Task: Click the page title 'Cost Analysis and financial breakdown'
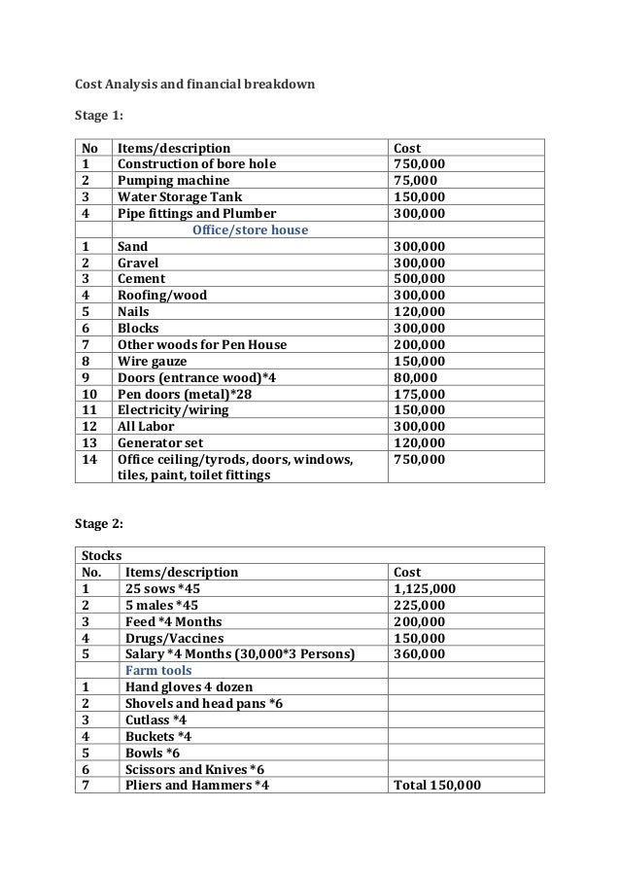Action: tap(194, 83)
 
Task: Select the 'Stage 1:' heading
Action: tap(99, 116)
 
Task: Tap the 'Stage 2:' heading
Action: tap(99, 524)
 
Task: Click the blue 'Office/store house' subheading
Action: tap(250, 230)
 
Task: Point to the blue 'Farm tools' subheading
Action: tap(159, 671)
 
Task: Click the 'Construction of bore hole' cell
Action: tap(196, 163)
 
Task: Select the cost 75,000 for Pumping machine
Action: tap(414, 180)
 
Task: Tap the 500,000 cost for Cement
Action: tap(418, 279)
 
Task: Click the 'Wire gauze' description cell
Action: tap(152, 361)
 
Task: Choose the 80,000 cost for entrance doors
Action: tap(414, 377)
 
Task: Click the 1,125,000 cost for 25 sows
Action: tap(425, 589)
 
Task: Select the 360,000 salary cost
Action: tap(419, 654)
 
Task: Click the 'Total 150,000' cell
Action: tap(436, 785)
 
